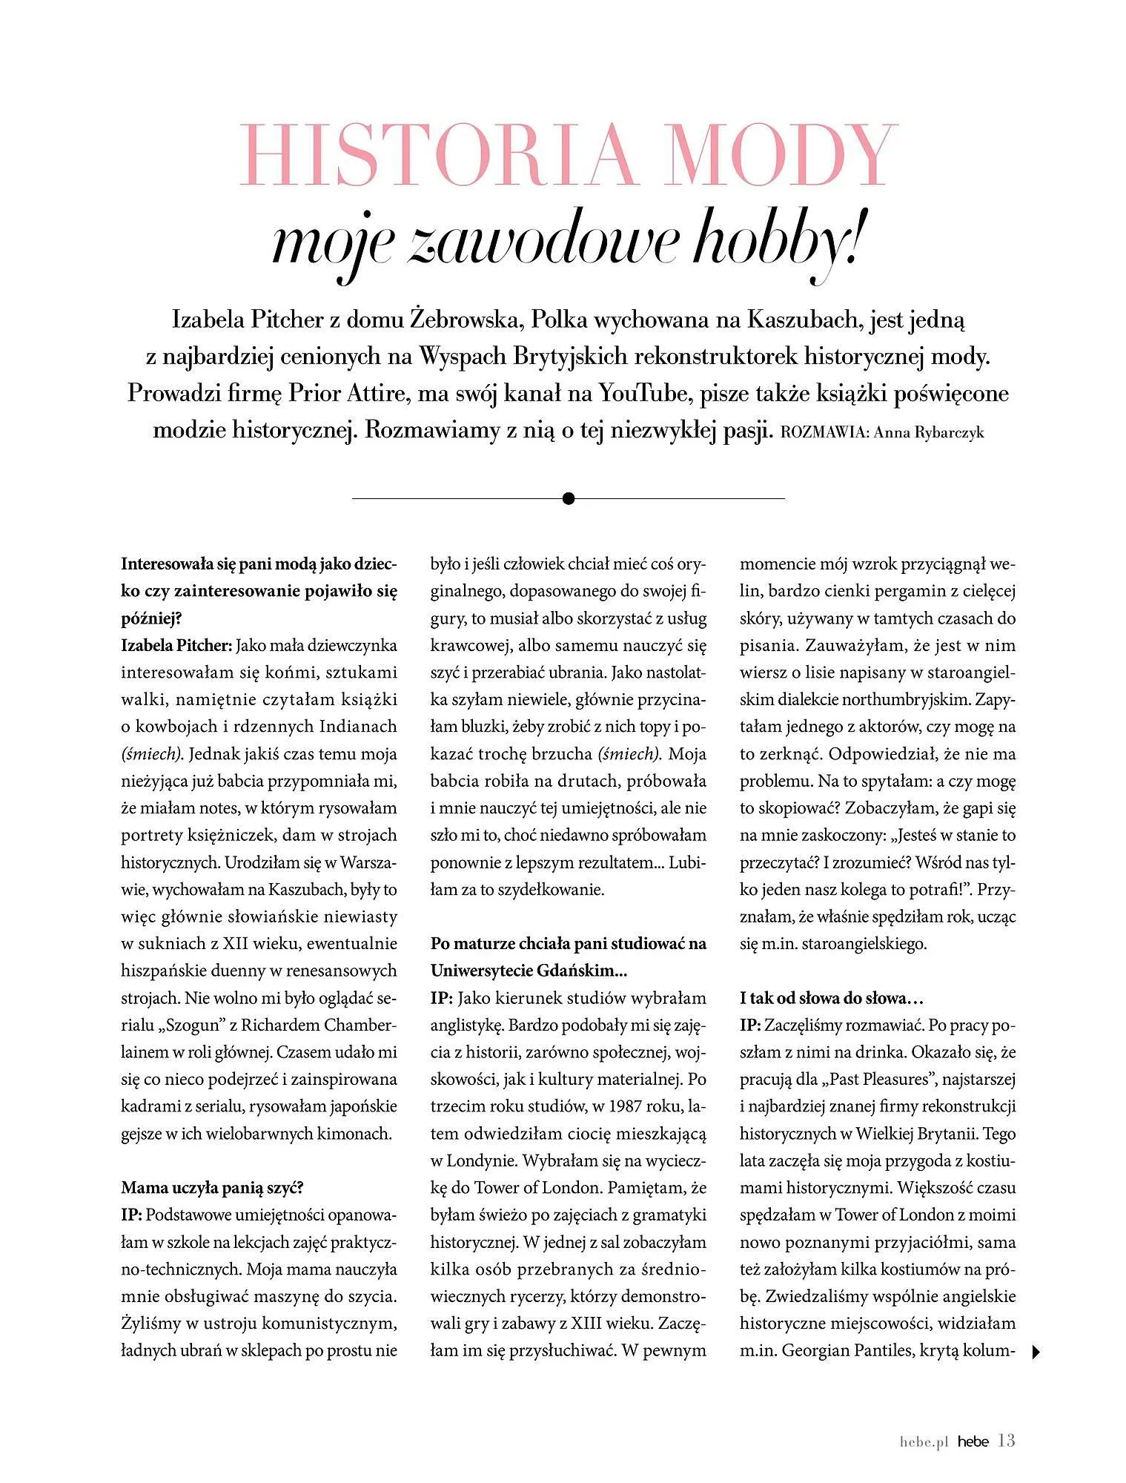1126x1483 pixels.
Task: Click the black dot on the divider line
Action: [569, 498]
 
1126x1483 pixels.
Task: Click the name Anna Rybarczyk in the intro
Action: [929, 433]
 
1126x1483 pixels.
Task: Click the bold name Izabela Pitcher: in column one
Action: [177, 645]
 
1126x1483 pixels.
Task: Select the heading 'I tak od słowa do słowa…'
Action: [832, 998]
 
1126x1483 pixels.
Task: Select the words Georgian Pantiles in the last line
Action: [847, 1351]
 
